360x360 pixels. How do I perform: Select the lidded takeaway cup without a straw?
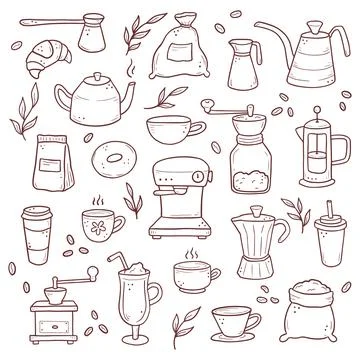pyautogui.click(x=37, y=234)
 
